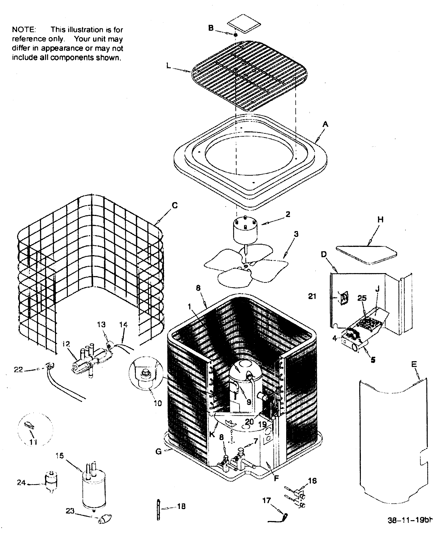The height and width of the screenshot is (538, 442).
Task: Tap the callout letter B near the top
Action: coord(211,28)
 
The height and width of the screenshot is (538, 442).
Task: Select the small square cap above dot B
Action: coord(244,24)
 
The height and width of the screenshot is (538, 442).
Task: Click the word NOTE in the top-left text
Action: coord(24,30)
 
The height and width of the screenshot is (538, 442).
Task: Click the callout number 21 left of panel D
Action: coord(312,296)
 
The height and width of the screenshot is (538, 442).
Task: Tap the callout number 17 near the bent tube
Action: coord(266,500)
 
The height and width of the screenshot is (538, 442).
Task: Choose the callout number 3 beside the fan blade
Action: coord(296,234)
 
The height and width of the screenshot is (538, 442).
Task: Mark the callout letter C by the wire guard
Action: coord(175,205)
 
